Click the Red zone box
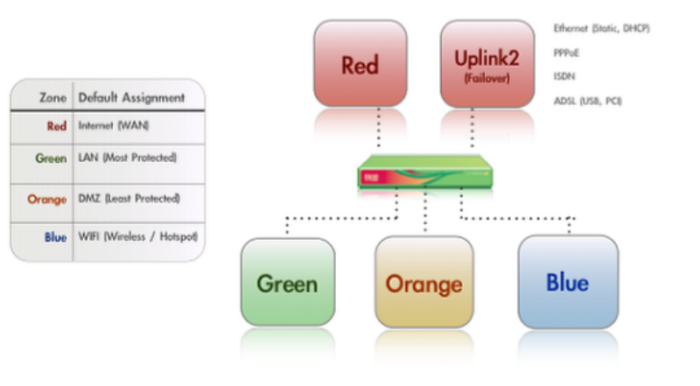pos(360,65)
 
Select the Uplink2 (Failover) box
pos(486,65)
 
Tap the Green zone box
pos(287,283)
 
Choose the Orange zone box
pos(423,283)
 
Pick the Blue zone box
pos(567,281)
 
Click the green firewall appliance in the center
pos(423,173)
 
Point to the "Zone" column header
pos(53,98)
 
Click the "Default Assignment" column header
pos(131,98)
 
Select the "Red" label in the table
pos(56,126)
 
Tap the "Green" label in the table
pos(51,159)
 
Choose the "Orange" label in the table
pos(47,200)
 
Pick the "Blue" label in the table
pos(55,237)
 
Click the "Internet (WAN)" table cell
pos(114,126)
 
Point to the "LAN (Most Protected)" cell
pos(128,159)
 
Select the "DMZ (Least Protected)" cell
pos(129,200)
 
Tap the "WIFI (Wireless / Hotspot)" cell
pos(138,237)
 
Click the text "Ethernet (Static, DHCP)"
pos(601,29)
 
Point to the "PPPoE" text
pos(566,53)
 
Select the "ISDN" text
pos(563,76)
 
